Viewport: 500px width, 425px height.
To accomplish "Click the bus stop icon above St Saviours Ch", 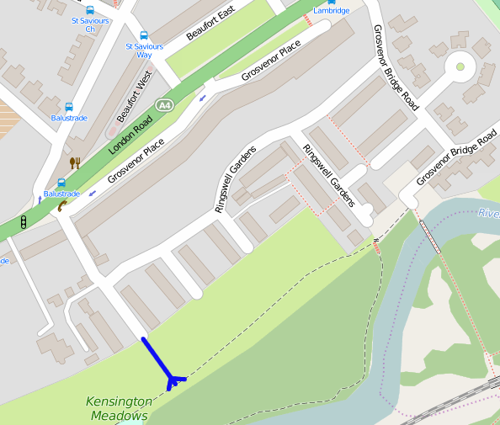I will pyautogui.click(x=89, y=10).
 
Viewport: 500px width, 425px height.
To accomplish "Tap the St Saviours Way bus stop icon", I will pyautogui.click(x=144, y=36).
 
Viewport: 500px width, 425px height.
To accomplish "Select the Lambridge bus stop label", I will pyautogui.click(x=332, y=11).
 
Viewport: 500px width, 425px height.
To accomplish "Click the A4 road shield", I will pyautogui.click(x=164, y=104).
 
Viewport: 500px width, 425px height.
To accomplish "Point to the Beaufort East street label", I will pyautogui.click(x=210, y=23).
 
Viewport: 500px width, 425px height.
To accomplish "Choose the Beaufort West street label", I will pyautogui.click(x=135, y=100).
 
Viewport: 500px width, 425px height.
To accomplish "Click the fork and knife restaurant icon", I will pyautogui.click(x=75, y=162).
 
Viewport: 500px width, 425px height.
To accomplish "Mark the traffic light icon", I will pyautogui.click(x=25, y=222).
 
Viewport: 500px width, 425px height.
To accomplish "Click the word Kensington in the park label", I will pyautogui.click(x=120, y=402).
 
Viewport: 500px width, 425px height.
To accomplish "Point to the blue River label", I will pyautogui.click(x=488, y=213).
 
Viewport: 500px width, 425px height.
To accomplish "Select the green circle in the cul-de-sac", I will pyautogui.click(x=460, y=66).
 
